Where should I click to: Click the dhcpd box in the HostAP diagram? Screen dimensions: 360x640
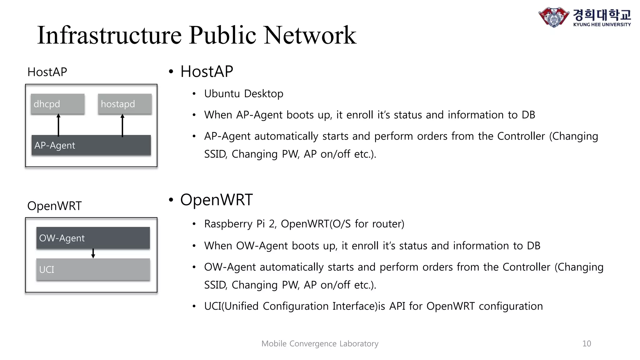57,104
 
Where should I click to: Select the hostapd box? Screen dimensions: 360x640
125,104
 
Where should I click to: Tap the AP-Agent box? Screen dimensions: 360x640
91,145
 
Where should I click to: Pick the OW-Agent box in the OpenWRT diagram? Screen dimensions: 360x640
93,238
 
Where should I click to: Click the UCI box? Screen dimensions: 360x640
93,269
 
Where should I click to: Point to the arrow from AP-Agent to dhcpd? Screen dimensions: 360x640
58,125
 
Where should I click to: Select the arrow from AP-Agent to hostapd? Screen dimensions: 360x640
122,125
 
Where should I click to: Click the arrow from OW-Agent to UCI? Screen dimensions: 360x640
93,253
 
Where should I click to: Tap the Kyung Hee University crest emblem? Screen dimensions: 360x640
554,17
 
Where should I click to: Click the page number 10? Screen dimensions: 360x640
587,343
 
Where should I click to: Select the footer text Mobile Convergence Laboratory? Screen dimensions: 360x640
320,343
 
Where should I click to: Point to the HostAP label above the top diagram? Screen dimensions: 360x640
47,72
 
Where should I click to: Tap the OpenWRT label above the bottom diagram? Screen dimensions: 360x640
54,206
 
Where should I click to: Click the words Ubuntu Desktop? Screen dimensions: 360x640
243,94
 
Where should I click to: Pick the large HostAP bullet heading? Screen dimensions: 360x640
207,72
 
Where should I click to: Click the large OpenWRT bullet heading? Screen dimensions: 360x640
216,200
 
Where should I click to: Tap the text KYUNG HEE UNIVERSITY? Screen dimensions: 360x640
602,24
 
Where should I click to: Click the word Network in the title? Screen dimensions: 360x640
310,35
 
